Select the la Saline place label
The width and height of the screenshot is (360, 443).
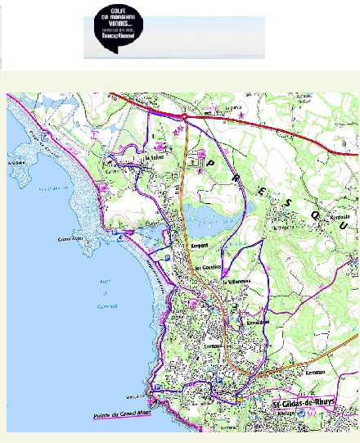pos(155,157)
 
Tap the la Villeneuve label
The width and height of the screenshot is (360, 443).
pos(234,282)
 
